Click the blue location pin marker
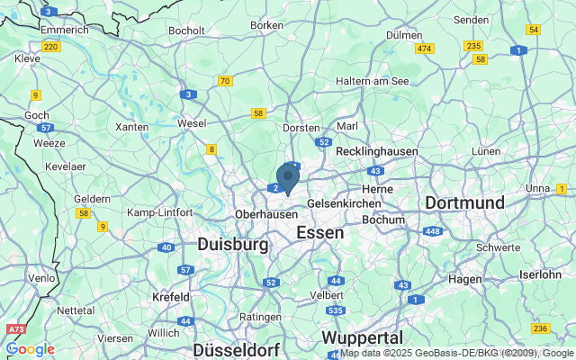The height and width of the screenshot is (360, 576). [x=287, y=177]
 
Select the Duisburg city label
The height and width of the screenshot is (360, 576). [x=232, y=244]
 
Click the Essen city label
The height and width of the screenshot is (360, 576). [x=319, y=232]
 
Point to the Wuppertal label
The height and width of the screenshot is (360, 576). [x=362, y=337]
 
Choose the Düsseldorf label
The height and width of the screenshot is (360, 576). [x=236, y=349]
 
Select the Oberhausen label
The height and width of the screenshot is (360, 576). [x=265, y=215]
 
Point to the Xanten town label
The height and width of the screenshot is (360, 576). [x=132, y=127]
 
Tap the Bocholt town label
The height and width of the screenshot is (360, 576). [x=186, y=31]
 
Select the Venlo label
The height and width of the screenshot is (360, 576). [x=41, y=278]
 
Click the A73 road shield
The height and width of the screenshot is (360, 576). [x=14, y=331]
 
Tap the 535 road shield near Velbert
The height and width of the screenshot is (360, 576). [x=335, y=310]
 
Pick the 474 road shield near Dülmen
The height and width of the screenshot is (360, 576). [x=425, y=48]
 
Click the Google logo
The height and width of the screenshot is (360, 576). [x=30, y=349]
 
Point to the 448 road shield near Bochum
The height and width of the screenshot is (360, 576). [x=433, y=231]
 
